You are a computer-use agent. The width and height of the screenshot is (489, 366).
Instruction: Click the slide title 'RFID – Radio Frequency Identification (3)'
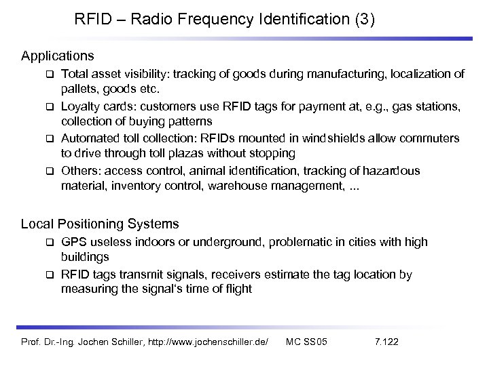pos(224,19)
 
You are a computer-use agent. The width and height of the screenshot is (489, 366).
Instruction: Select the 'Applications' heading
pos(58,54)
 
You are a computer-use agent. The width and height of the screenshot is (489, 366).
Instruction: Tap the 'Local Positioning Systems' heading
pos(100,223)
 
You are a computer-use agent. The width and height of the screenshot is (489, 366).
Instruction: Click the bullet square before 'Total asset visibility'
pos(50,74)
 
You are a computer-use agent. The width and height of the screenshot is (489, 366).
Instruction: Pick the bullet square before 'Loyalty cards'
pos(50,106)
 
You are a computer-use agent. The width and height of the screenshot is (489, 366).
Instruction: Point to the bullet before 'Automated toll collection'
pos(50,139)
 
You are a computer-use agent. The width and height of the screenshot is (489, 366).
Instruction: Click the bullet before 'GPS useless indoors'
pos(50,243)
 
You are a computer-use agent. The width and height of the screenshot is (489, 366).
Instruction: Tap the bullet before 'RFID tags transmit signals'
pos(50,275)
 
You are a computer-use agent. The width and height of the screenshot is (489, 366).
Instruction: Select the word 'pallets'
pos(79,88)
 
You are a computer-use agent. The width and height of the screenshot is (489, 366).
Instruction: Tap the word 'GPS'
pos(74,242)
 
